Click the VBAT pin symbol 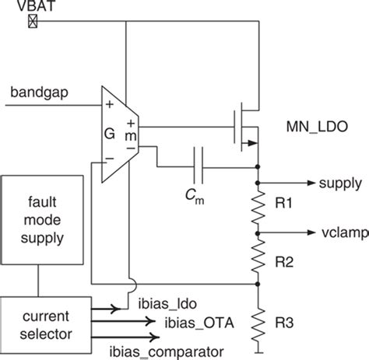[x=33, y=21]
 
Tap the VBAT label [x=36, y=5]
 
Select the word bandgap [x=40, y=93]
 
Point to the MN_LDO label [x=317, y=127]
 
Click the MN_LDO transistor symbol [x=246, y=127]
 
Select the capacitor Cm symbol [x=199, y=165]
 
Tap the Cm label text [x=195, y=196]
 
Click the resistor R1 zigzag [x=258, y=208]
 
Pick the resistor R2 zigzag [x=258, y=256]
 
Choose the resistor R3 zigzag [x=258, y=324]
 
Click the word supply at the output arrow [x=340, y=184]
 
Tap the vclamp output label [x=345, y=233]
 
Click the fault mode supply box [x=42, y=220]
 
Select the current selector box [x=46, y=325]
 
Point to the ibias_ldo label [x=167, y=304]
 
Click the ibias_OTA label [x=199, y=323]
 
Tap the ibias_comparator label [x=167, y=352]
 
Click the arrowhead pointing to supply [x=311, y=183]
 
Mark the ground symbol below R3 [x=258, y=352]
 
